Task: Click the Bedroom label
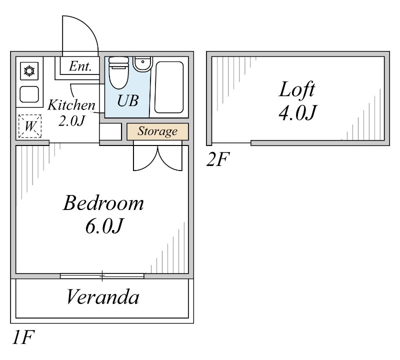click(x=103, y=203)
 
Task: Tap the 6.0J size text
click(x=103, y=227)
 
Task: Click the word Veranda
click(x=102, y=298)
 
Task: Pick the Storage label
click(x=157, y=131)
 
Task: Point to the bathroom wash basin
click(x=142, y=63)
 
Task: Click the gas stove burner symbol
click(x=29, y=71)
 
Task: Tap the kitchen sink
click(x=29, y=93)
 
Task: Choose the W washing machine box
click(x=29, y=126)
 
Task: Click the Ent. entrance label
click(x=80, y=66)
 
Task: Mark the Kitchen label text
click(x=71, y=105)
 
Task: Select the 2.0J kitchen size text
click(x=71, y=120)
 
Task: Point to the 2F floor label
click(x=218, y=160)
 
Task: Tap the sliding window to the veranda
click(x=102, y=275)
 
